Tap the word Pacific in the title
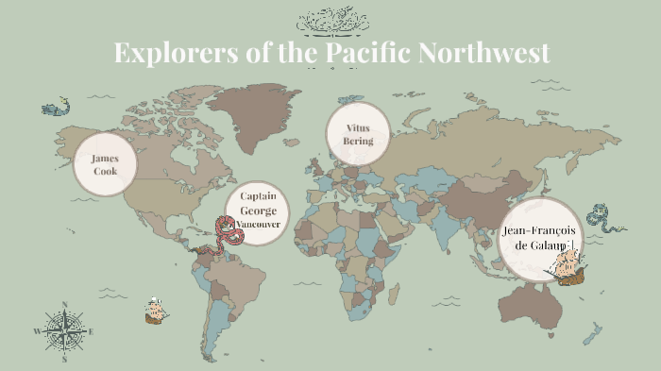click(x=365, y=52)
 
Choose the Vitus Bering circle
click(x=358, y=134)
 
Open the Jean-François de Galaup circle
click(x=538, y=238)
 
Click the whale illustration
click(x=56, y=108)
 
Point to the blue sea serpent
click(x=603, y=220)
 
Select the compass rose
click(x=64, y=330)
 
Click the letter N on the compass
click(x=64, y=304)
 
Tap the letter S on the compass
click(x=64, y=360)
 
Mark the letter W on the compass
click(x=37, y=331)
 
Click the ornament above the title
click(x=331, y=20)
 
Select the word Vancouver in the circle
click(x=258, y=224)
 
